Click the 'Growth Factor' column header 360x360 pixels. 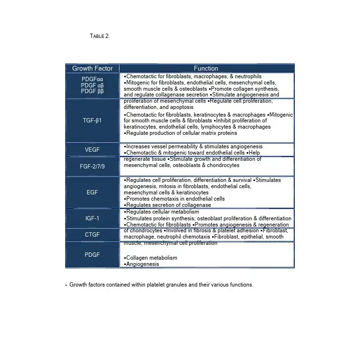coord(92,68)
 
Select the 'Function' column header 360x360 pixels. coord(206,68)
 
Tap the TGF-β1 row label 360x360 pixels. coord(92,120)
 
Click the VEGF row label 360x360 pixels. coord(92,150)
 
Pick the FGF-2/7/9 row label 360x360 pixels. coord(92,167)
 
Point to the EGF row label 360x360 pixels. coord(92,192)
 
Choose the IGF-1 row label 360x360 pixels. coord(92,218)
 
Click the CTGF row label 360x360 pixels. coord(92,235)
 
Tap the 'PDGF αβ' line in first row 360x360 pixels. coord(92,85)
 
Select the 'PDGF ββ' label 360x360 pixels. coord(92,91)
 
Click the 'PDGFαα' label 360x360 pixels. coord(92,79)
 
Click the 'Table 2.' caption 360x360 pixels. coord(100,36)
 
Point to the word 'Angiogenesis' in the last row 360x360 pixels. coord(143,264)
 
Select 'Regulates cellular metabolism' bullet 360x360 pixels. coord(162,212)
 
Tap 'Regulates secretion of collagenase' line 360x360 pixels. coord(168,205)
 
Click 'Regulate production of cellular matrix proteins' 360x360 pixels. coord(181,133)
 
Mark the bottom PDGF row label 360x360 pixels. coord(92,254)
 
